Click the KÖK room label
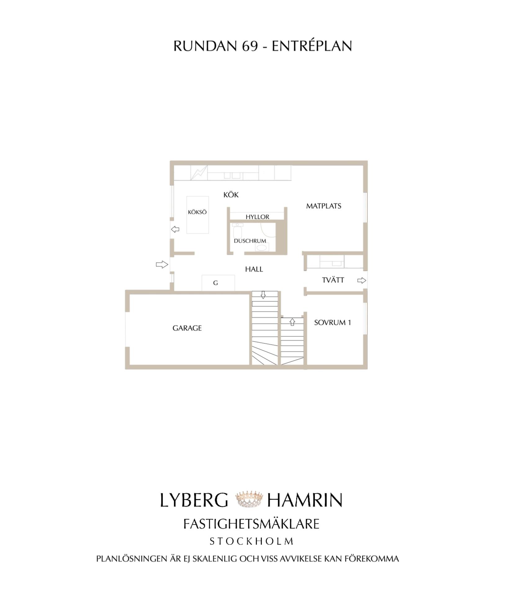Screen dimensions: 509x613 231,195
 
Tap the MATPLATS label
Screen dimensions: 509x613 324,206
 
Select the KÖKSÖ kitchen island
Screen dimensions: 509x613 197,215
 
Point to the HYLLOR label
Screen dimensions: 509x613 258,217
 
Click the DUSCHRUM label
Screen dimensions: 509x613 250,241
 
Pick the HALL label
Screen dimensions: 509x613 254,269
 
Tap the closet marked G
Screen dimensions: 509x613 218,283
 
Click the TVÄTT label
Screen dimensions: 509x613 333,280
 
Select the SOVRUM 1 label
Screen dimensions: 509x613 332,323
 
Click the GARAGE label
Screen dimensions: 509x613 187,328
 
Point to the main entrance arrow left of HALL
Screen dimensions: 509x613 162,265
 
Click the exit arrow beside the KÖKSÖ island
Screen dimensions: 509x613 175,229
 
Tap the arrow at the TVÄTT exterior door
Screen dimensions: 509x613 362,280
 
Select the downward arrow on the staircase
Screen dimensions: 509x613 263,295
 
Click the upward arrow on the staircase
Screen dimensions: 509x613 292,322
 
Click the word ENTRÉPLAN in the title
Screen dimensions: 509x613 312,46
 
